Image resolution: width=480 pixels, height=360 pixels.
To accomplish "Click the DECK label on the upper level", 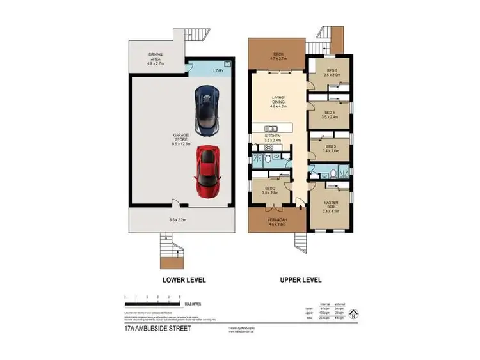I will tap(278, 55).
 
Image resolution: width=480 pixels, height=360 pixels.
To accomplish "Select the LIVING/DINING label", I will tap(278, 102).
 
